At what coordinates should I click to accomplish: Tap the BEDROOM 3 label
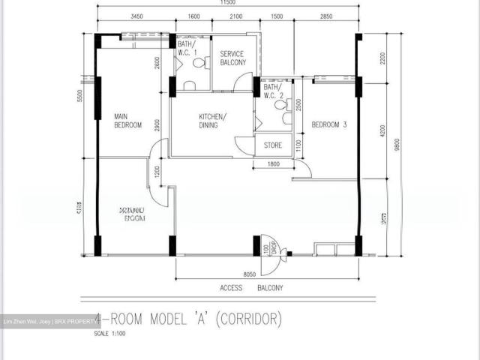coord(328,124)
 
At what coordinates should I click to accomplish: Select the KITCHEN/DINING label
coord(212,121)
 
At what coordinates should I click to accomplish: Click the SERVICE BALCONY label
coord(232,58)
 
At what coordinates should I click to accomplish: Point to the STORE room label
coord(273,145)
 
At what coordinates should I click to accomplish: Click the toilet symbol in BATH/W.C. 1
coord(198,65)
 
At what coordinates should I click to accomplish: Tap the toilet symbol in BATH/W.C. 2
coord(281,107)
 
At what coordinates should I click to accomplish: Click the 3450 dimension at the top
coord(136,16)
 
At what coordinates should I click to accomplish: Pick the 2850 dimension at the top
coord(326,16)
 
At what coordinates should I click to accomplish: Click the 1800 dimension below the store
coord(273,164)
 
